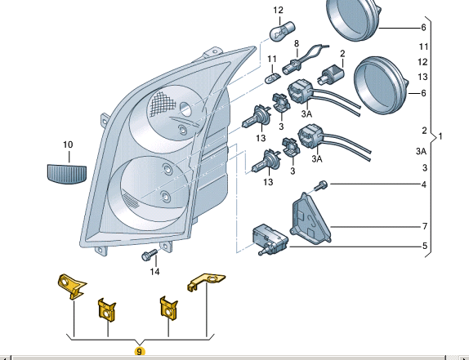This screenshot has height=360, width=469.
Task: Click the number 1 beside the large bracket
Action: pyautogui.click(x=441, y=135)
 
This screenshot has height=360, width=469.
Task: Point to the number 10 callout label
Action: pyautogui.click(x=68, y=144)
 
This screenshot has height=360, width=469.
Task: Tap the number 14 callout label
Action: pyautogui.click(x=155, y=272)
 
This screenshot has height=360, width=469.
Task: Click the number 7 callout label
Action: pyautogui.click(x=424, y=225)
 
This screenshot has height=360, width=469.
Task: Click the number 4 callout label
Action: pyautogui.click(x=424, y=185)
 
